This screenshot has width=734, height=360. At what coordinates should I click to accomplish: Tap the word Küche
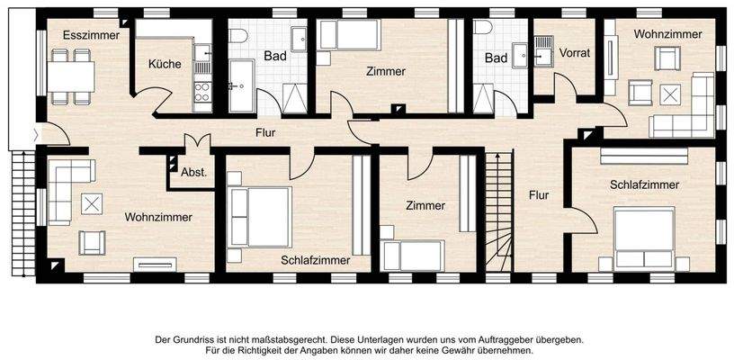166,64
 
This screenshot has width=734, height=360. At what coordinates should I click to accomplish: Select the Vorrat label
575,53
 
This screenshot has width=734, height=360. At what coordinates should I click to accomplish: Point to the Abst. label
193,172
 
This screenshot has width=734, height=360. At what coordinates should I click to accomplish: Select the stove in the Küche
202,91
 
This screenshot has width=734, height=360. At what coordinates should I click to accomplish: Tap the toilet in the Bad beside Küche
238,36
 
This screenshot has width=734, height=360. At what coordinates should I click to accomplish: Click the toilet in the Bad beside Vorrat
484,27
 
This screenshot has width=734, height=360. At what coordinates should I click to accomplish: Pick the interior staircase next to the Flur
498,211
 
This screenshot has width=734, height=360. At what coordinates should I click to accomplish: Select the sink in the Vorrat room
543,43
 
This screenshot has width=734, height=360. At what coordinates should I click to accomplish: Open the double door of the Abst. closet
196,143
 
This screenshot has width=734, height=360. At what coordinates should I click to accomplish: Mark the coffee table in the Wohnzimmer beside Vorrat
670,94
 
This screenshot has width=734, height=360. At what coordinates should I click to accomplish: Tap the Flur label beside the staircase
539,194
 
